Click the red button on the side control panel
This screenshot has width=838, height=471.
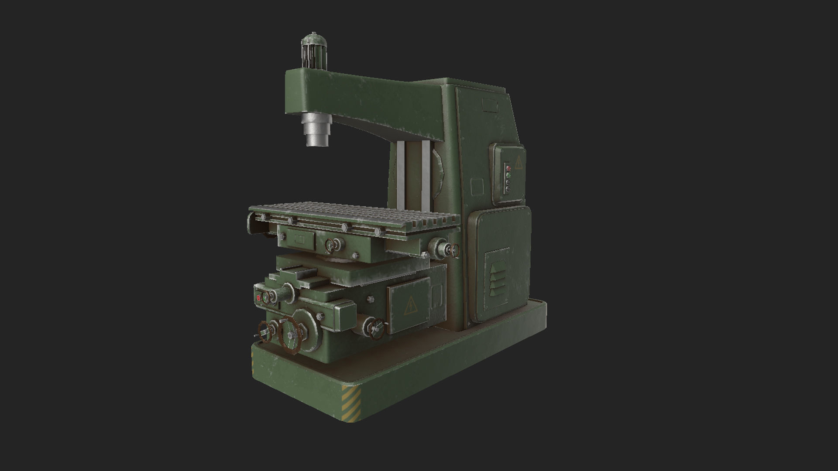[508, 167]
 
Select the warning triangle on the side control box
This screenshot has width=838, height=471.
[519, 163]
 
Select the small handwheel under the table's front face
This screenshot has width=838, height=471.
[330, 246]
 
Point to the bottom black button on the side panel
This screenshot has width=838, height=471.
[508, 188]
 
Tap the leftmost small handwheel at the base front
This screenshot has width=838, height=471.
[264, 332]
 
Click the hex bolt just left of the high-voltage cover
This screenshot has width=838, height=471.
[371, 299]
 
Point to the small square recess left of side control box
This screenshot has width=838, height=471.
[477, 186]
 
